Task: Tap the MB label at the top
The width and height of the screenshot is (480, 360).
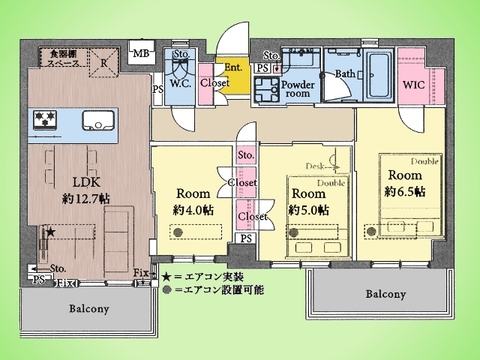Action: click(141, 52)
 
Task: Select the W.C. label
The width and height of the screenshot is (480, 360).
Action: click(181, 83)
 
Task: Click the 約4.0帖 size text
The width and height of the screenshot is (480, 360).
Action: click(193, 210)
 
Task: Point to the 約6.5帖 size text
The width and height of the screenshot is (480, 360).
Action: click(405, 190)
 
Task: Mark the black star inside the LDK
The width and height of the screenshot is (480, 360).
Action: click(47, 233)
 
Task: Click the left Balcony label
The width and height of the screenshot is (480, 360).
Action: click(89, 309)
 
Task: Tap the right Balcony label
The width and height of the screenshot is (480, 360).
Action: click(385, 295)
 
